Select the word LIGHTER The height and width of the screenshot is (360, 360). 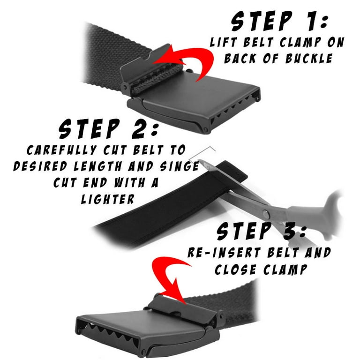[108, 199]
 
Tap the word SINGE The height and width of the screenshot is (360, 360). [180, 166]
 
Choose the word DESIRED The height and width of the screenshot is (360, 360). [40, 166]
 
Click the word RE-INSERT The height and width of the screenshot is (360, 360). [225, 253]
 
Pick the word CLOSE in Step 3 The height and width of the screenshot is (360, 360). [235, 270]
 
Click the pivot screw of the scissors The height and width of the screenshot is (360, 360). [266, 214]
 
